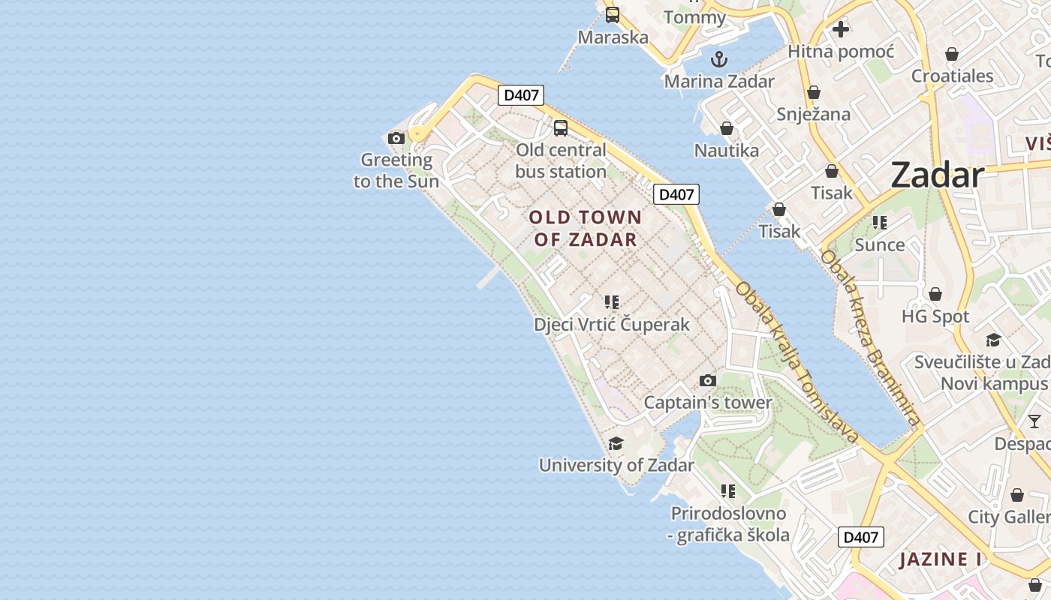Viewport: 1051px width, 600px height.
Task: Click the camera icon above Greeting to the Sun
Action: [396, 138]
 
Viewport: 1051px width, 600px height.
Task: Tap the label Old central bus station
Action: [561, 161]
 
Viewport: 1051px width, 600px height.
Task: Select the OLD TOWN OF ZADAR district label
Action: [586, 229]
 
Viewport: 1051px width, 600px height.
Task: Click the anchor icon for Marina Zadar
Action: [719, 59]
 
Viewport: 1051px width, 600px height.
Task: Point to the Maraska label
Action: [613, 37]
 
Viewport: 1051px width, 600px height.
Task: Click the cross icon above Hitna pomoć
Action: [841, 29]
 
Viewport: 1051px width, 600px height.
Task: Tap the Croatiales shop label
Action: [952, 76]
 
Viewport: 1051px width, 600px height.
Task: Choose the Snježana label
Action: [814, 114]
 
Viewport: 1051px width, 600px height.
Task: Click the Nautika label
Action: [726, 150]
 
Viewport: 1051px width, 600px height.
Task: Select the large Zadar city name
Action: [937, 175]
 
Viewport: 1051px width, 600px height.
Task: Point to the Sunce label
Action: [879, 244]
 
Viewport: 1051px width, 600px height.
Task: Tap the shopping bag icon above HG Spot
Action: [935, 294]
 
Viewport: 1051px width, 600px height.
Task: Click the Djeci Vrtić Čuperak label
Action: [611, 324]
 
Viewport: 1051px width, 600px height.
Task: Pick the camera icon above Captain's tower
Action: [707, 381]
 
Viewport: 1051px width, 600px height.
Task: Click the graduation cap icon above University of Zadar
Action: [616, 443]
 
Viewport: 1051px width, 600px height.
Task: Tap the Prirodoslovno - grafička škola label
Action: [729, 524]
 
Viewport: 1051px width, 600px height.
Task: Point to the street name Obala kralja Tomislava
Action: [796, 361]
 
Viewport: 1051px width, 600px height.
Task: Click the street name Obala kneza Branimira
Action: [869, 338]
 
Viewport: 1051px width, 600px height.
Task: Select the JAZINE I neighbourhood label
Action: [940, 559]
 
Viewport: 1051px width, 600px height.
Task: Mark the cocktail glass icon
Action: [1034, 421]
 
